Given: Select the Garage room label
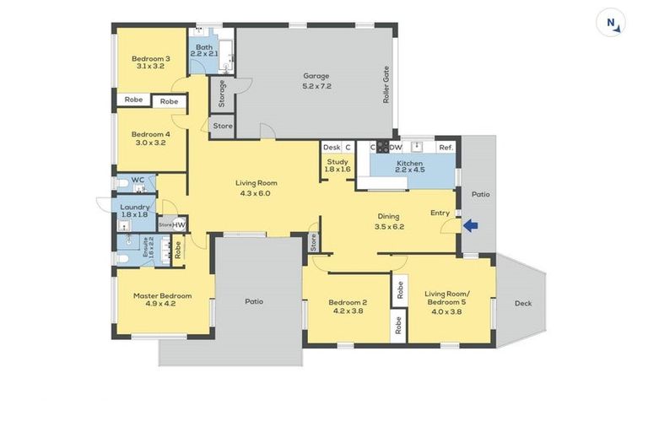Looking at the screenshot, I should [x=316, y=76].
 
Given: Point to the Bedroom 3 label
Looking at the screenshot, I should [x=150, y=59].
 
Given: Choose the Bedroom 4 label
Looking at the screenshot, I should [x=150, y=133].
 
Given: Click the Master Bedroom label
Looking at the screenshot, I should [x=162, y=296].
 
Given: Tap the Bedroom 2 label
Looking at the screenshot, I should [x=347, y=302].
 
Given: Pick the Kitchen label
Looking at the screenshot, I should [x=409, y=163].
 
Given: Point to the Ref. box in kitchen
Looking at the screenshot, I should [x=445, y=148].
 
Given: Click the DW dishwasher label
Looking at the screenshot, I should [x=396, y=148].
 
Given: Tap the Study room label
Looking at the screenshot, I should [x=337, y=161].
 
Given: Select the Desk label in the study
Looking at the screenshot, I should [x=331, y=148].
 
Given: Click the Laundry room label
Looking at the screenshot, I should [x=135, y=207].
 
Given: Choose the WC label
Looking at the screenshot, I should [x=138, y=180].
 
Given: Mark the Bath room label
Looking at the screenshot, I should [x=204, y=47].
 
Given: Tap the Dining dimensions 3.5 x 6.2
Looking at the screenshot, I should [x=388, y=226].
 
